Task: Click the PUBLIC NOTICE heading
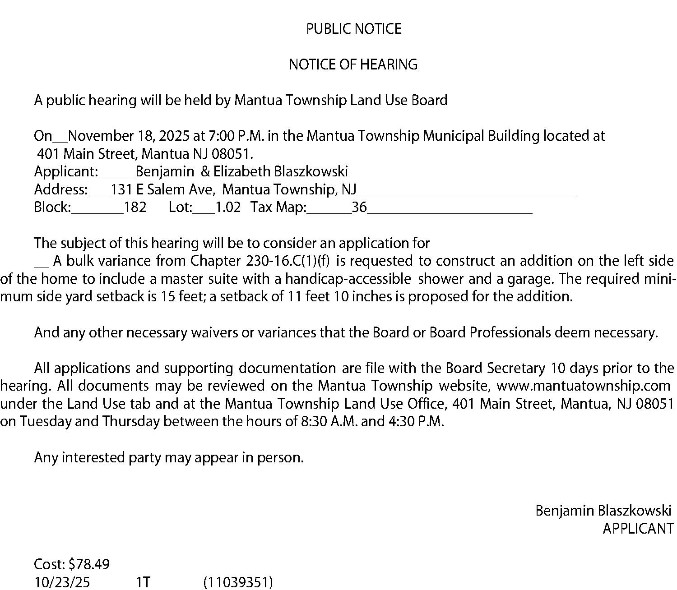pyautogui.click(x=353, y=29)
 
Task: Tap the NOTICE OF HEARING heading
pyautogui.click(x=353, y=65)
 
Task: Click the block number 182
pyautogui.click(x=135, y=207)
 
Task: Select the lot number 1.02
pyautogui.click(x=228, y=207)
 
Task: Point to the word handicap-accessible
pyautogui.click(x=348, y=279)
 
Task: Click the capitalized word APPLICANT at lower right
pyautogui.click(x=638, y=528)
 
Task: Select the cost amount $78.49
pyautogui.click(x=89, y=564)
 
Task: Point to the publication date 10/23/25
pyautogui.click(x=62, y=582)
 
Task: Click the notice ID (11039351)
pyautogui.click(x=238, y=582)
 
